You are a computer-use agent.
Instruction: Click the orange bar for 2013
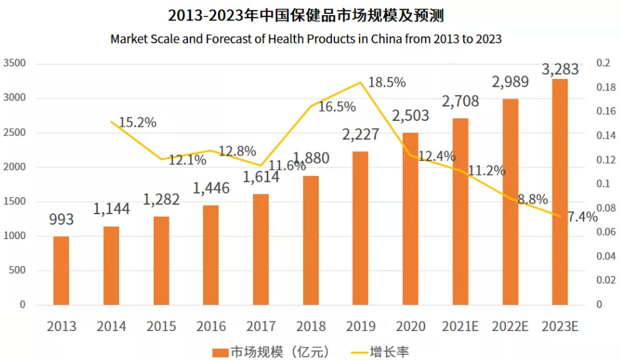pos(61,271)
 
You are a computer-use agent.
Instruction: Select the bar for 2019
pos(360,228)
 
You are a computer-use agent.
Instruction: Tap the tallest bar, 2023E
pos(560,192)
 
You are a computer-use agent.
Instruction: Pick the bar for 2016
pos(211,255)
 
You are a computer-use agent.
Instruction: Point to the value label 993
pos(61,219)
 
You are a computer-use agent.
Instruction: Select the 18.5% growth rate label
pos(387,83)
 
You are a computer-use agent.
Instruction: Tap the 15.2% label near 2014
pos(137,122)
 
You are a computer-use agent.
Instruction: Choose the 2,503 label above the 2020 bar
pos(410,116)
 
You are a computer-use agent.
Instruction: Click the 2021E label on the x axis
pos(460,326)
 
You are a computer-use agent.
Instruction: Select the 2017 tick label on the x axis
pos(260,326)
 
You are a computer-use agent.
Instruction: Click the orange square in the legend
pos(221,352)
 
